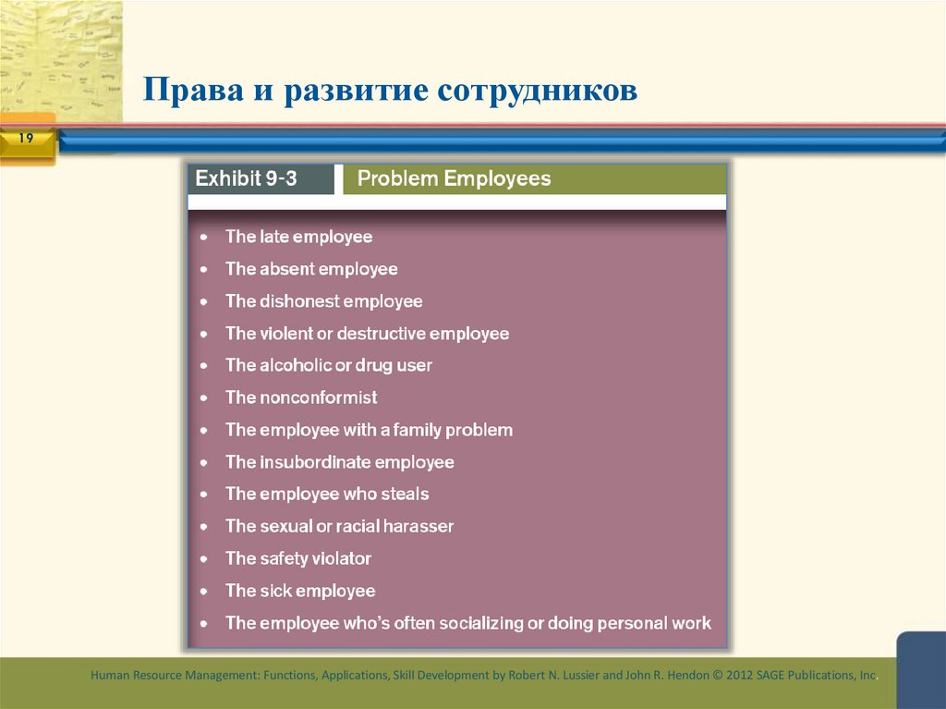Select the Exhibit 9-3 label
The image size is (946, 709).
(x=246, y=178)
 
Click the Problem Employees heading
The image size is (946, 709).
(x=454, y=178)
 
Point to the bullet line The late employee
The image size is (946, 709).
(x=298, y=237)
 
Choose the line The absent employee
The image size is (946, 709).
(x=311, y=269)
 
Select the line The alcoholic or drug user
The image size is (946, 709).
(x=328, y=365)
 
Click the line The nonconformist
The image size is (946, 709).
(x=301, y=397)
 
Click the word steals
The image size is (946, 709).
(x=405, y=494)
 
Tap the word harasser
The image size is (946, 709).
(x=419, y=526)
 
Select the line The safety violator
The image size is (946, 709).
(x=298, y=558)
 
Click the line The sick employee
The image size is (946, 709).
(x=300, y=591)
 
